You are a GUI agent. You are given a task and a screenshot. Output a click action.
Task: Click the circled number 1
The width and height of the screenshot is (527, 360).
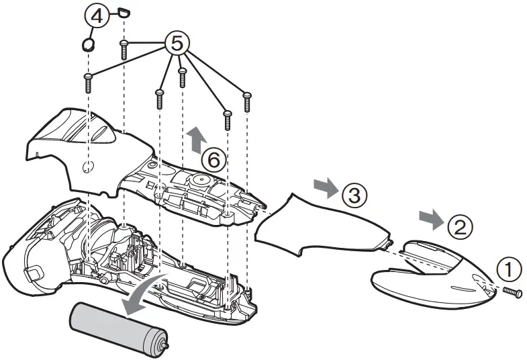click(508, 269)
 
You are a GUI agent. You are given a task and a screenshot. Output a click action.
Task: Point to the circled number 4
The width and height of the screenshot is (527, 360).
click(97, 17)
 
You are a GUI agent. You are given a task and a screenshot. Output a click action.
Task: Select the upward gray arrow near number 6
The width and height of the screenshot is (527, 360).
click(195, 140)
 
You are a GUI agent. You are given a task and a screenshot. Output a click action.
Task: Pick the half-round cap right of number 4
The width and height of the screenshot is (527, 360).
click(122, 11)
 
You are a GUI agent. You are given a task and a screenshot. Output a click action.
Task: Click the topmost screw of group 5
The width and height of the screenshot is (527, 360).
click(124, 49)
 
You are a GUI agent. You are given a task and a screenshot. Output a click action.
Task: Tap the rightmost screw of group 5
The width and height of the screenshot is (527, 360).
click(247, 100)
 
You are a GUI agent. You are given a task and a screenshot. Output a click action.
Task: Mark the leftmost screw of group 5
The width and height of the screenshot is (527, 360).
click(88, 83)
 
